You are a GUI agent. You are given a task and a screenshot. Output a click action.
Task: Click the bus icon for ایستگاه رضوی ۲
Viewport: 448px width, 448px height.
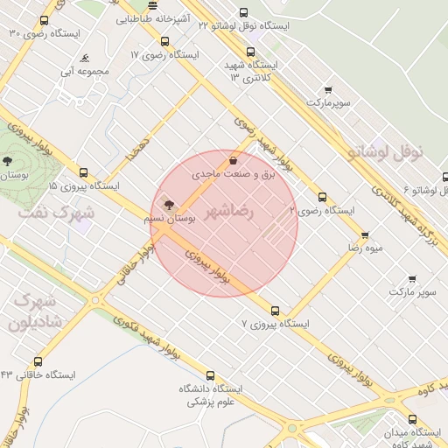[323, 197]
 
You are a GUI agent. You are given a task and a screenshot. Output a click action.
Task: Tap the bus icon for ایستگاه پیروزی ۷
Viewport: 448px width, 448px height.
[276, 311]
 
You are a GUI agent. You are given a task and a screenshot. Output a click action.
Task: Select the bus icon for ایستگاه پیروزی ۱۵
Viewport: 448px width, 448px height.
[84, 172]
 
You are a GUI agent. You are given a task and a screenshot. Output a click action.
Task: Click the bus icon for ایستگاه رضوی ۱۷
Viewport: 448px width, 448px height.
[164, 41]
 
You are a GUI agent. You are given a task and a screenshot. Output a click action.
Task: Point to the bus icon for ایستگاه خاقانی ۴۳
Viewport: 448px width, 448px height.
[38, 361]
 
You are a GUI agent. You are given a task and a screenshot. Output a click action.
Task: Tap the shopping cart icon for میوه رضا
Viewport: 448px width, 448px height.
[365, 234]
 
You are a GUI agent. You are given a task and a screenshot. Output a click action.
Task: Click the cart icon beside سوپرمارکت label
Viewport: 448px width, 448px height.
[328, 89]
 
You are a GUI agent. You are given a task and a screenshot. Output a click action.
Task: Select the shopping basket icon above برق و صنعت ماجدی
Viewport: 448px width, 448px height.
[233, 161]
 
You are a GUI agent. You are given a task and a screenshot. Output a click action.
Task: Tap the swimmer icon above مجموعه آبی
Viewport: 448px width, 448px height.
[85, 59]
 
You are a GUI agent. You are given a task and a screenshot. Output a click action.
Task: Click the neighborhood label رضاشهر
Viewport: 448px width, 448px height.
[229, 212]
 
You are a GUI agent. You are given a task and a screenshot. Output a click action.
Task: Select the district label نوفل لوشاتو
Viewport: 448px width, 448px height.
[385, 151]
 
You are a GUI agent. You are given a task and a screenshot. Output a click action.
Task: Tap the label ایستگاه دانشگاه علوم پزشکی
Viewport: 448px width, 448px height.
[211, 395]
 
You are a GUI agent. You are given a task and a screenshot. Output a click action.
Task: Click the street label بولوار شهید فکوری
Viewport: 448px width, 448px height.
[136, 332]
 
